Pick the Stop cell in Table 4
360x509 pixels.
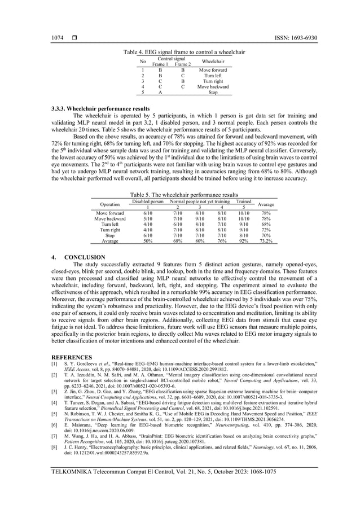point(212,93)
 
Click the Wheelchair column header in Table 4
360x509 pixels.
point(212,61)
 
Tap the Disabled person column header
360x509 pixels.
point(147,201)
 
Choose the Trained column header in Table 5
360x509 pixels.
point(244,201)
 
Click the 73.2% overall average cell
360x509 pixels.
point(266,241)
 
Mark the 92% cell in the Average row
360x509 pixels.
point(244,241)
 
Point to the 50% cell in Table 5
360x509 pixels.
point(147,241)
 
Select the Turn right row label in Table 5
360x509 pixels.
point(109,230)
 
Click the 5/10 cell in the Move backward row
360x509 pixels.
point(147,218)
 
